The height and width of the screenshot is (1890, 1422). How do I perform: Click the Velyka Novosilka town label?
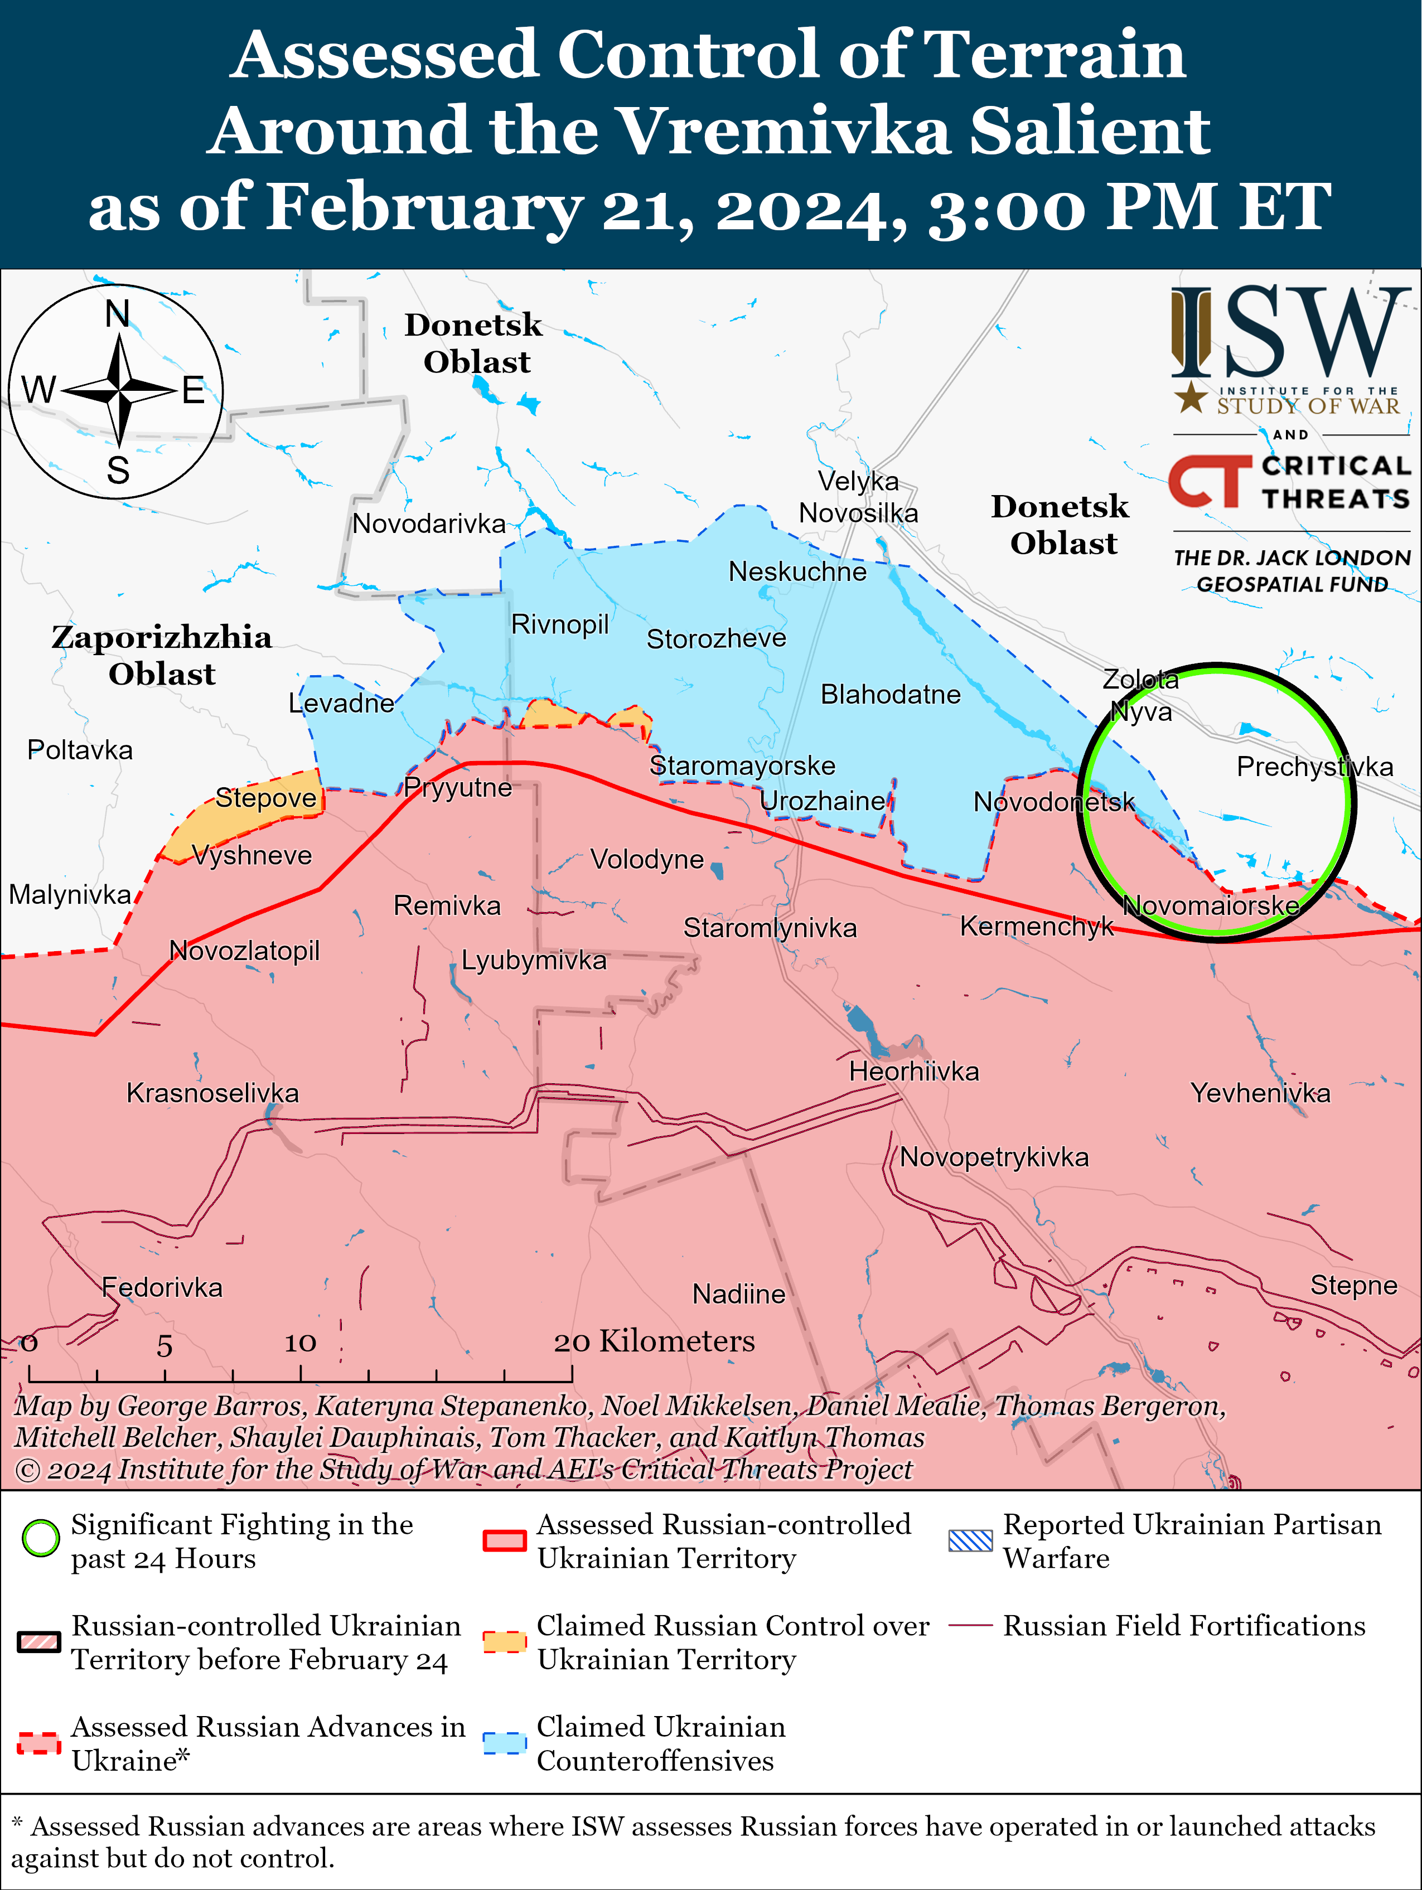[x=858, y=497]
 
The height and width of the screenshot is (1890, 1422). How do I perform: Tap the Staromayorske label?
[x=742, y=765]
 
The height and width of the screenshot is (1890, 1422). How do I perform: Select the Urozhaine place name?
[x=822, y=802]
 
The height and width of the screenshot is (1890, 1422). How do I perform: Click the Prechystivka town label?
[x=1314, y=767]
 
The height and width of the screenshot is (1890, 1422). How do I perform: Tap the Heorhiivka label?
[x=913, y=1072]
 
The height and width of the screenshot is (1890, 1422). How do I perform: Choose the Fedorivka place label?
[x=162, y=1288]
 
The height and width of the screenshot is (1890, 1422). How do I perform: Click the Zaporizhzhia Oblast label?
[x=162, y=655]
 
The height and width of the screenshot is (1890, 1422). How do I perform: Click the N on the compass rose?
[x=118, y=314]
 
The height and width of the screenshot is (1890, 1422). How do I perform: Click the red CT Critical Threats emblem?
[x=1206, y=481]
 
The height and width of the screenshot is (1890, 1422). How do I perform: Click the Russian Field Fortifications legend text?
[x=1183, y=1626]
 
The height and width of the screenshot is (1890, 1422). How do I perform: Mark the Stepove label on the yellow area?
[x=266, y=798]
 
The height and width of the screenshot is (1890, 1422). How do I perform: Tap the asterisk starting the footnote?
[x=18, y=1826]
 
